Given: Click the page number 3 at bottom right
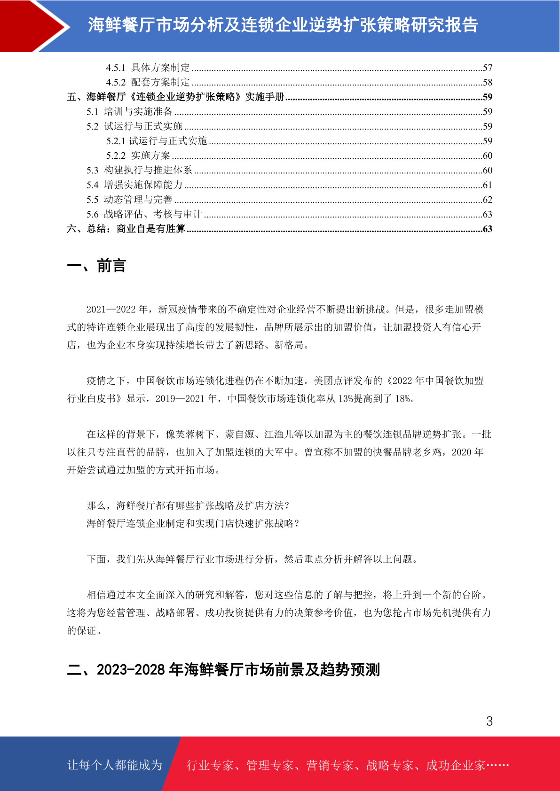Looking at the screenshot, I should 489,721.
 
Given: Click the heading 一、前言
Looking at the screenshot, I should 96,266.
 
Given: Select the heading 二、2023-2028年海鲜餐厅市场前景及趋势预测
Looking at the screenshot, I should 223,669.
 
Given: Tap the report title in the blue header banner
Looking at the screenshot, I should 283,25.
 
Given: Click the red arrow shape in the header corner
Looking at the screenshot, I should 28,26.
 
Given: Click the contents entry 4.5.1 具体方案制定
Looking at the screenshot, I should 148,68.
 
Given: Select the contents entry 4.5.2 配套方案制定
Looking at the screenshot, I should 148,82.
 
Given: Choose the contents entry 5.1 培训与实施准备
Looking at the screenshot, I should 129,112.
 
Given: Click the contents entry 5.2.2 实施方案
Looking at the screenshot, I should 138,155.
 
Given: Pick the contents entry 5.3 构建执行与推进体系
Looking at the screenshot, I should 139,170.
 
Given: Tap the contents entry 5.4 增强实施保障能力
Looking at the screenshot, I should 134,185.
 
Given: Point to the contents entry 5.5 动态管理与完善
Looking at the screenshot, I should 129,200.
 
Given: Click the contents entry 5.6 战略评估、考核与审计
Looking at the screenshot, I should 144,214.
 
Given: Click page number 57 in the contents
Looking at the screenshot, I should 488,68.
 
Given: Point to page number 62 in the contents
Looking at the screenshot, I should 488,200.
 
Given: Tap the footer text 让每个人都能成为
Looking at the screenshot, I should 115,765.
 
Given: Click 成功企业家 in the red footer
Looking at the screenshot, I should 455,765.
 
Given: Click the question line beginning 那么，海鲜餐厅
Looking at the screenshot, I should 188,505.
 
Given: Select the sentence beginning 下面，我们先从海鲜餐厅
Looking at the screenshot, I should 252,559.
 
